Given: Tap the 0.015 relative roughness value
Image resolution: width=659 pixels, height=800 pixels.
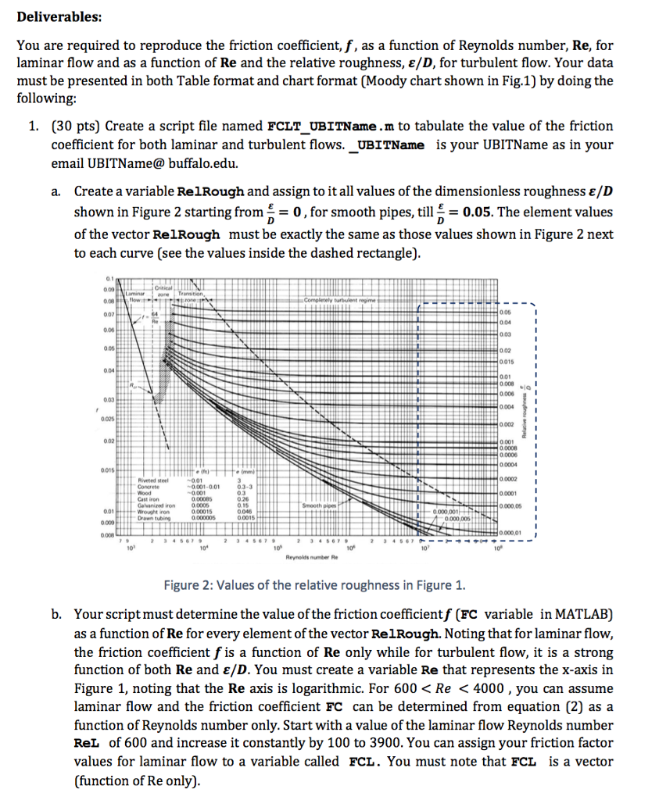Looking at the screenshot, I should pyautogui.click(x=509, y=361).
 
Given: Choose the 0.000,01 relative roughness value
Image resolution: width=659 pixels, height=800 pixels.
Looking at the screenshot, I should pyautogui.click(x=512, y=533).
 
